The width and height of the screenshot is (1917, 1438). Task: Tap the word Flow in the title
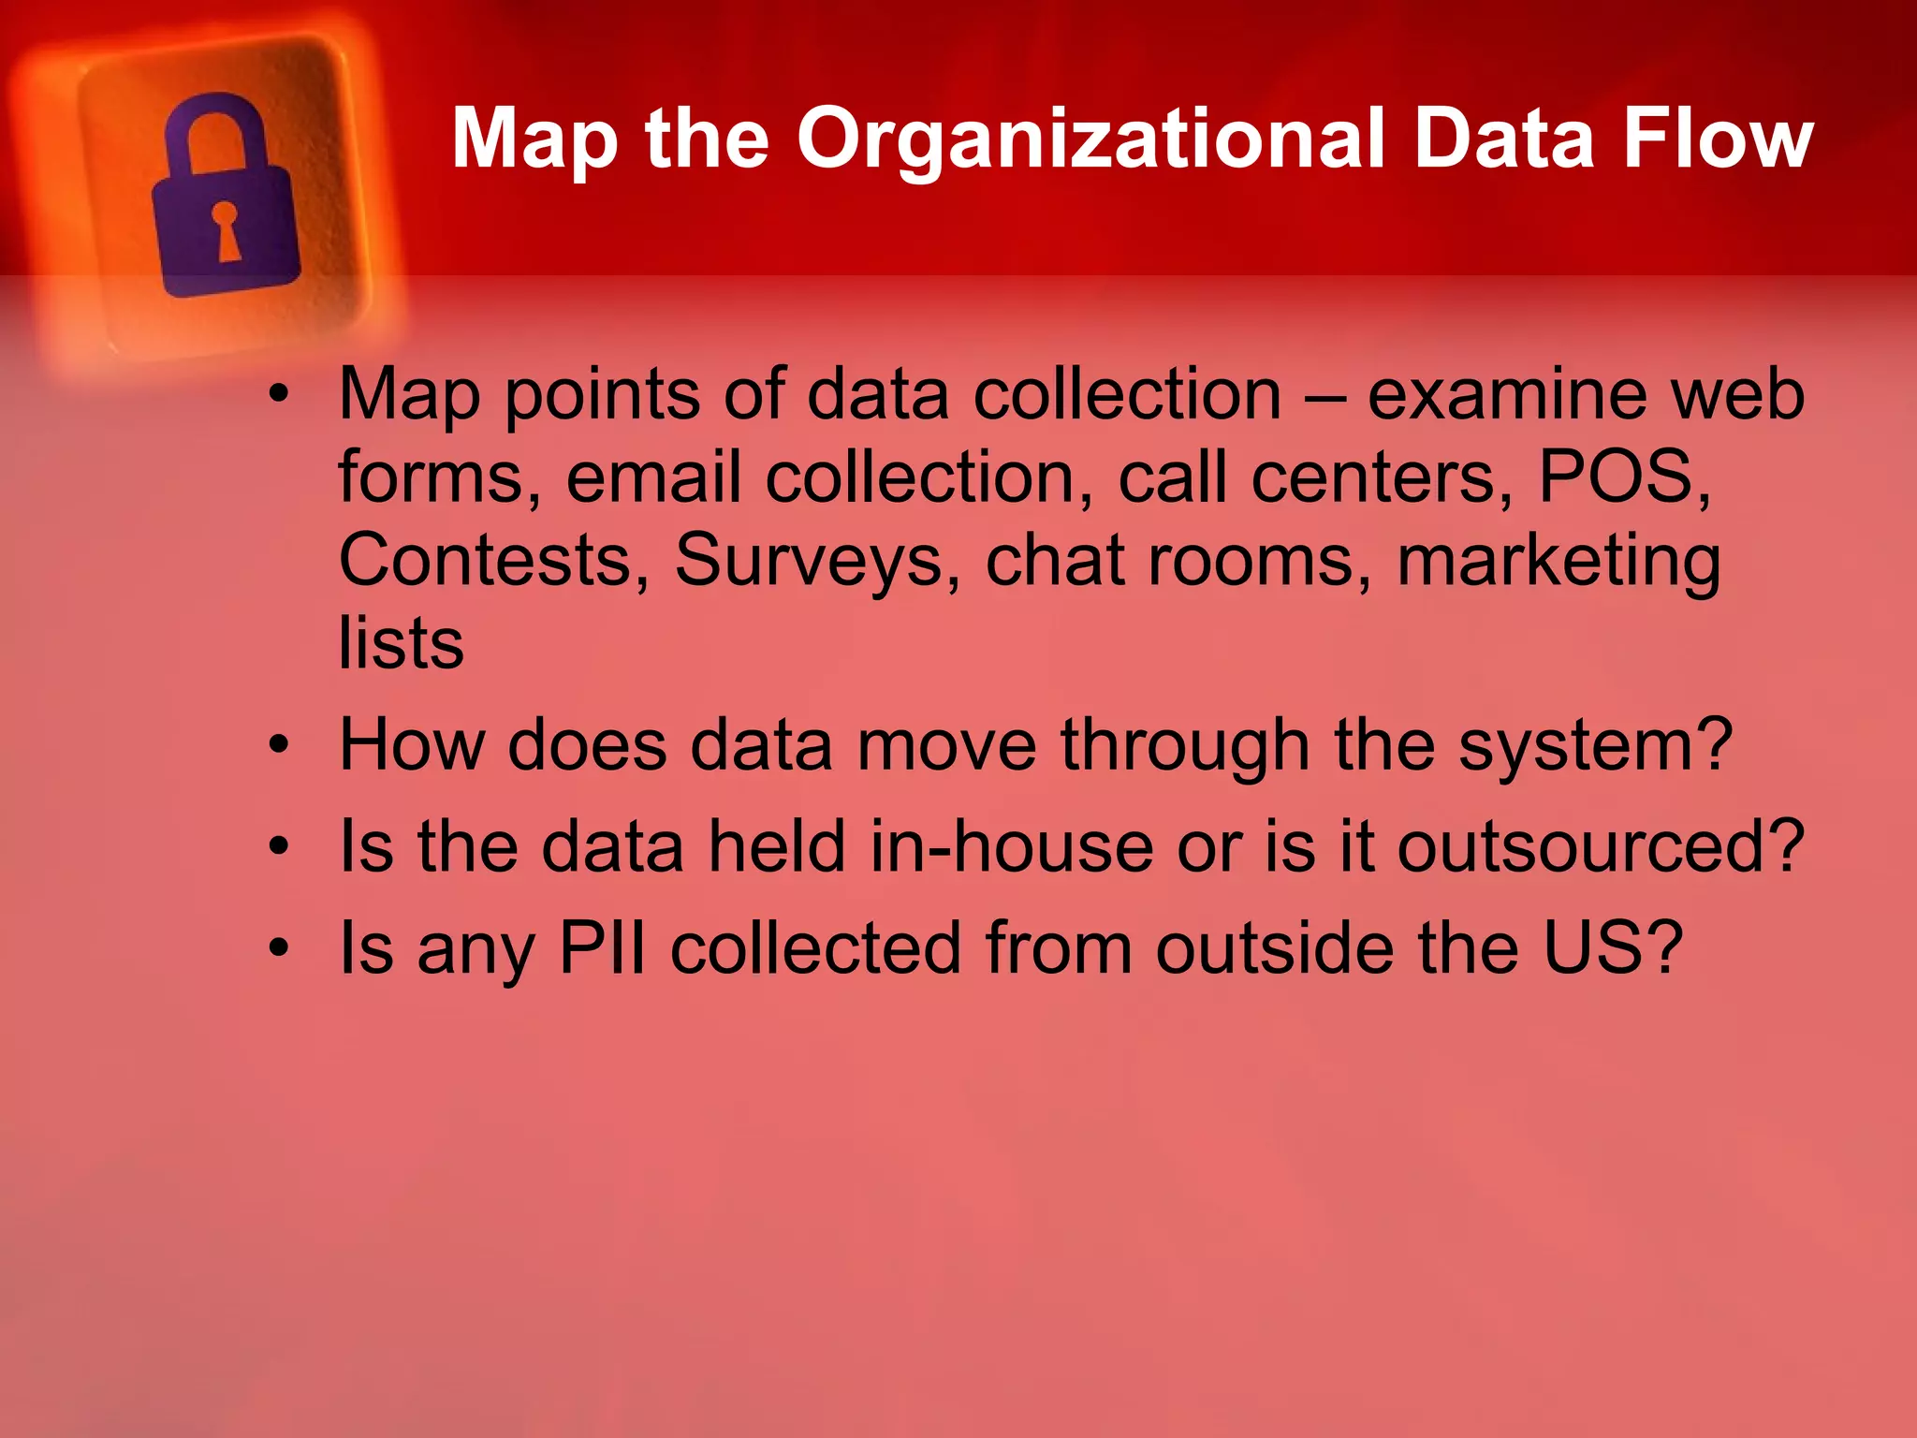pos(1718,139)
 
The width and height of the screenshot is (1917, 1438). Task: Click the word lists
pos(401,643)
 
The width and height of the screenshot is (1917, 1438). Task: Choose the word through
pos(1184,747)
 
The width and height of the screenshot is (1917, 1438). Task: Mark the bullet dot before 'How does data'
pos(278,746)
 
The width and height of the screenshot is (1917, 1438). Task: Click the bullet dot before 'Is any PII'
pos(278,947)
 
